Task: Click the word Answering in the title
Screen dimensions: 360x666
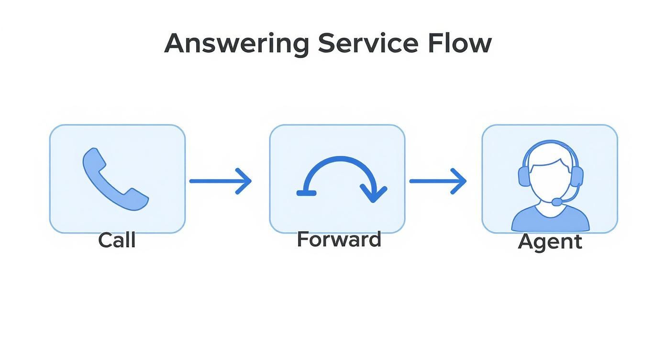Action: click(x=236, y=44)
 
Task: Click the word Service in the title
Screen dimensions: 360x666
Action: click(x=367, y=43)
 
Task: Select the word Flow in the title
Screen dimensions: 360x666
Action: click(x=459, y=43)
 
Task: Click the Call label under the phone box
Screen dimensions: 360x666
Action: click(x=117, y=240)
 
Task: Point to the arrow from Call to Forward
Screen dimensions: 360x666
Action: click(x=220, y=181)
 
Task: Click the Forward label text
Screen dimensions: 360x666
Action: click(x=339, y=239)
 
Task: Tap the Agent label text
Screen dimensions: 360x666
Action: click(x=550, y=241)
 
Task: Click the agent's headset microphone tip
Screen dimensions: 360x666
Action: click(x=557, y=202)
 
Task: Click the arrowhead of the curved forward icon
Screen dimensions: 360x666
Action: click(x=373, y=194)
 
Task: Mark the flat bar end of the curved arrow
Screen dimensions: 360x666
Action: click(x=306, y=193)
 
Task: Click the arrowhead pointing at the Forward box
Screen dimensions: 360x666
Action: click(x=245, y=181)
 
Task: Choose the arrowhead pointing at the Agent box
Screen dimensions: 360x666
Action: click(x=460, y=181)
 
